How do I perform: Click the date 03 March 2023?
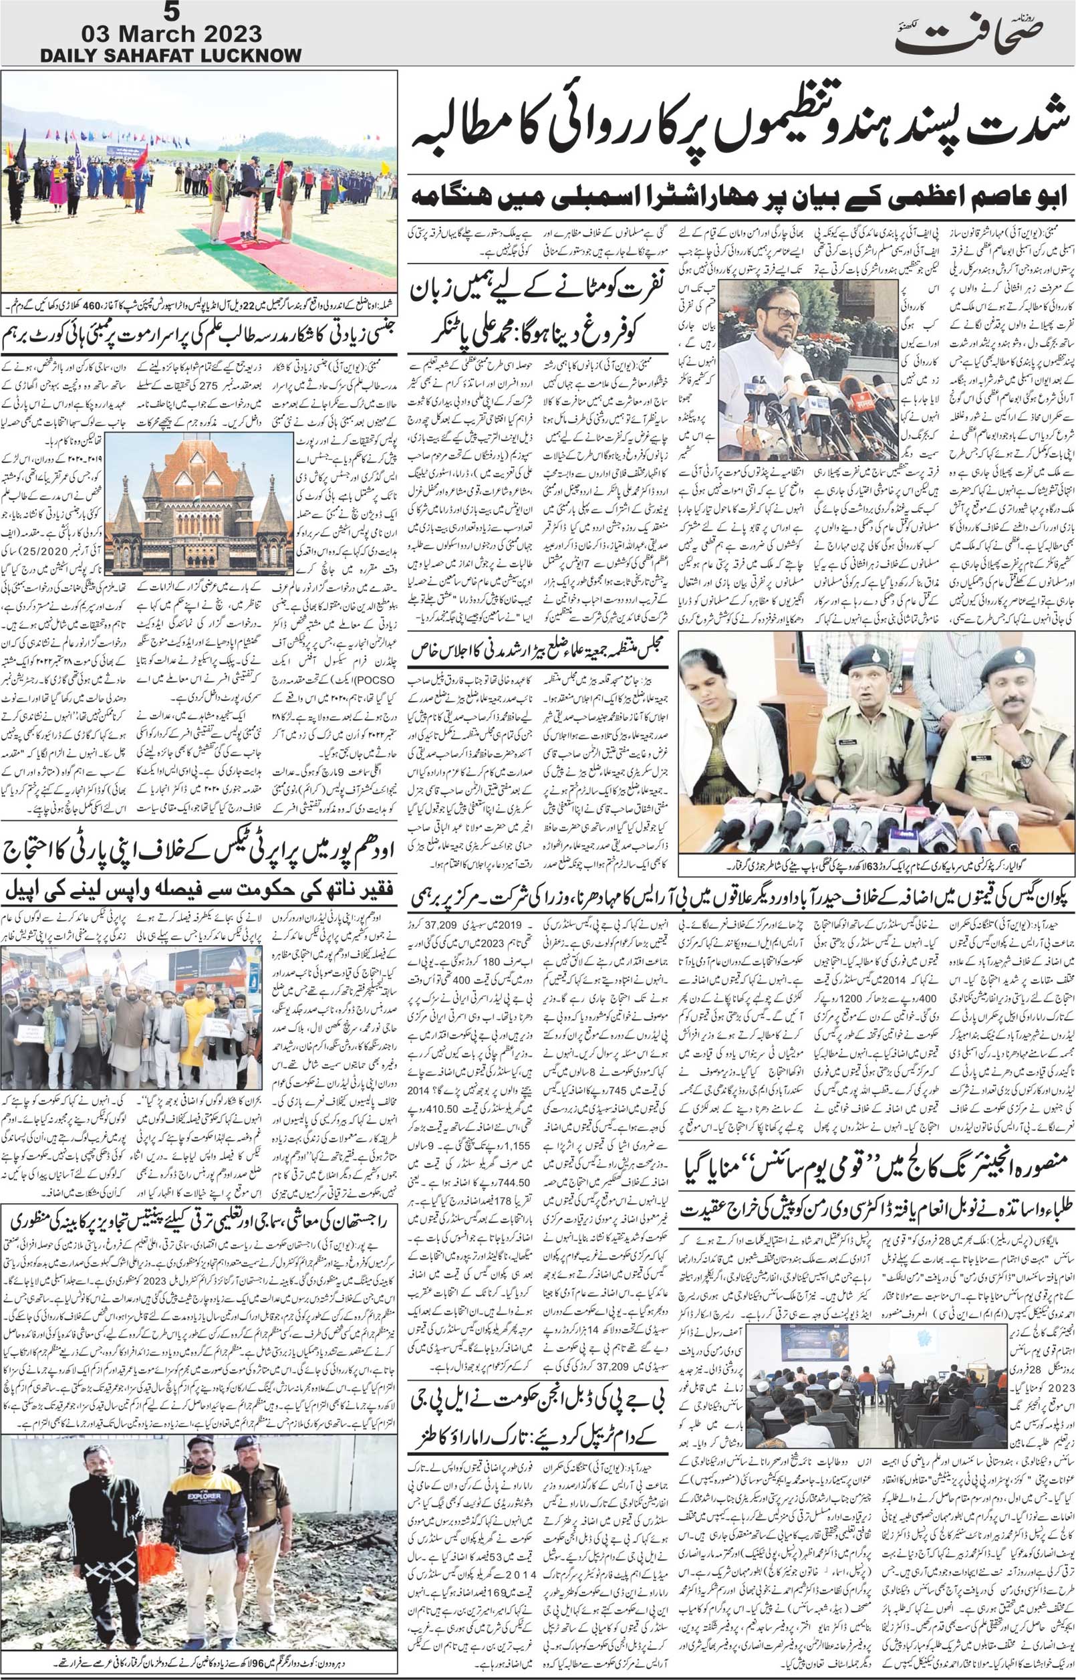pos(172,33)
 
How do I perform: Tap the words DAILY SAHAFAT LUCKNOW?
pos(171,56)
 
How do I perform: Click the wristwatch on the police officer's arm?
pos(1023,760)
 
